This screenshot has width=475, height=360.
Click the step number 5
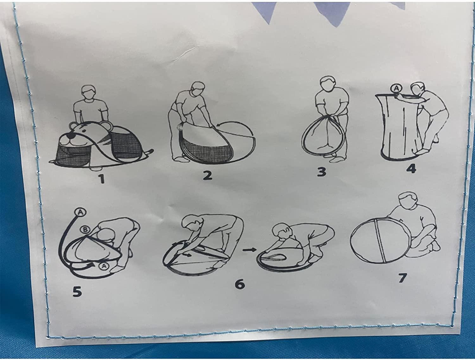coord(77,291)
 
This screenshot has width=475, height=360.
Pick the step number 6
coord(240,284)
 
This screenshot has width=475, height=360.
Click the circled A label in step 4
coord(396,89)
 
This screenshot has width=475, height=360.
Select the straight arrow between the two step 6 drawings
coord(249,250)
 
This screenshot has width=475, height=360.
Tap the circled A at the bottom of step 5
coord(104,266)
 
